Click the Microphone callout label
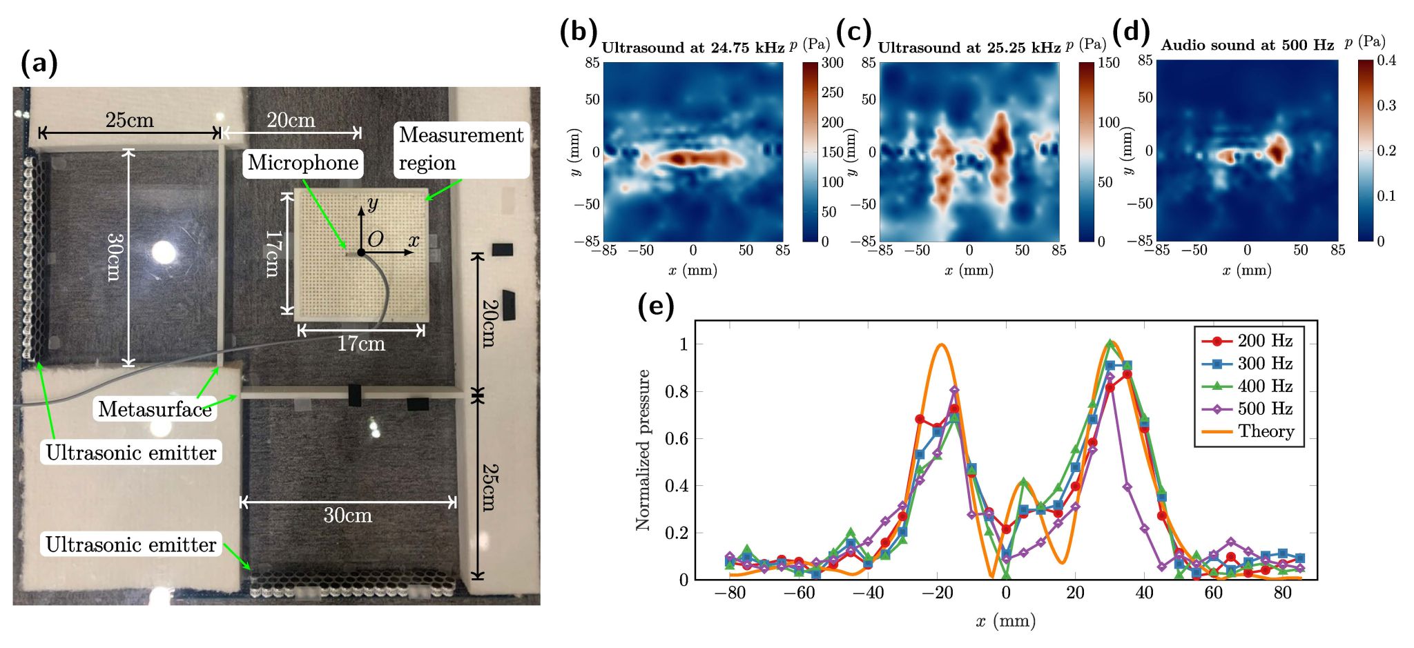tap(303, 163)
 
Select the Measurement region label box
tap(461, 149)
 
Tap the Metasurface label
tap(155, 409)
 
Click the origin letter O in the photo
tap(375, 239)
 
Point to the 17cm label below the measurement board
tap(360, 344)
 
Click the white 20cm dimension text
tap(291, 121)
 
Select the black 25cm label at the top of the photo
tap(129, 121)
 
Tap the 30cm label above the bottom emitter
tap(347, 516)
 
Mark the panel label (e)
tap(655, 305)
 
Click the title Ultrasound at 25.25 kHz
tap(969, 48)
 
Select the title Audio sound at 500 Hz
tap(1247, 46)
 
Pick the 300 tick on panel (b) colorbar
tap(832, 63)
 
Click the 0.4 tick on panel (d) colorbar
tap(1386, 61)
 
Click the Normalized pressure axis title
tap(643, 450)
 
